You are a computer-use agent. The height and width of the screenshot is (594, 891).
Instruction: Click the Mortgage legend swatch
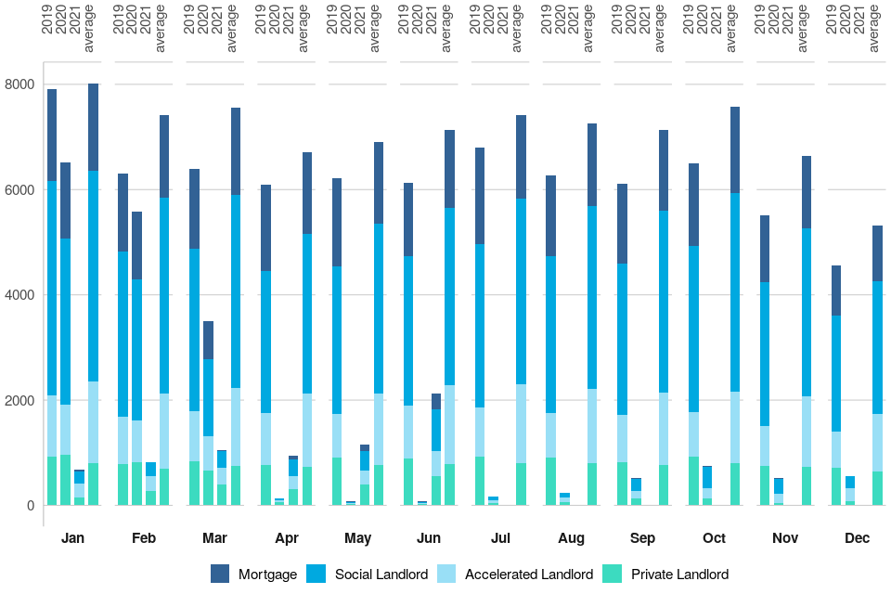pyautogui.click(x=220, y=574)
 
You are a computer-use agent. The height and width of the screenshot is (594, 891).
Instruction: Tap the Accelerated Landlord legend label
pyautogui.click(x=529, y=574)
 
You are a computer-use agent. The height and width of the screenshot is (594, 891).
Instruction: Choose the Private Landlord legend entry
pyautogui.click(x=679, y=574)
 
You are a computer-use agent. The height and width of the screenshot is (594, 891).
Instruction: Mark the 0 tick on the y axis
pyautogui.click(x=31, y=506)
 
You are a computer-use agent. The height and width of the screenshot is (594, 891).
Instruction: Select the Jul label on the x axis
pyautogui.click(x=500, y=538)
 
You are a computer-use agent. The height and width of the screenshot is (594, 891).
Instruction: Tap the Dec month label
pyautogui.click(x=857, y=538)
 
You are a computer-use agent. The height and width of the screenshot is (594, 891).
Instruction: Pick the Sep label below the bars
pyautogui.click(x=642, y=538)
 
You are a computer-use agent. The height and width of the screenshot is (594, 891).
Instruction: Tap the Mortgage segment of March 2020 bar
pyautogui.click(x=208, y=340)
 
